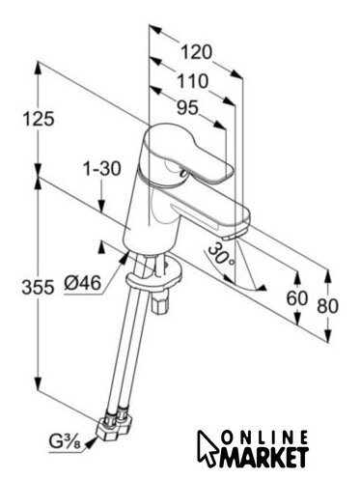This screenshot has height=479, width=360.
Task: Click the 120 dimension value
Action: pos(196,52)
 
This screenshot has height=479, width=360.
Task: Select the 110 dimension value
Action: pos(192,81)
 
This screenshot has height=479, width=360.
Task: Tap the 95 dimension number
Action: pos(187,107)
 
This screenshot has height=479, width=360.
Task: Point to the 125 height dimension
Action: pos(39,119)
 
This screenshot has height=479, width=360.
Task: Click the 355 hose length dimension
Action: pos(38,287)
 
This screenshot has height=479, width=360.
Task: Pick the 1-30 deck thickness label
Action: pos(101,169)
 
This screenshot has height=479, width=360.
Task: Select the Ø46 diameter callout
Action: pos(83,283)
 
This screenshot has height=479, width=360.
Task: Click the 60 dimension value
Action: pos(297,298)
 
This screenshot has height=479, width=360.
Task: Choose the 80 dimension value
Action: pos(327,305)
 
